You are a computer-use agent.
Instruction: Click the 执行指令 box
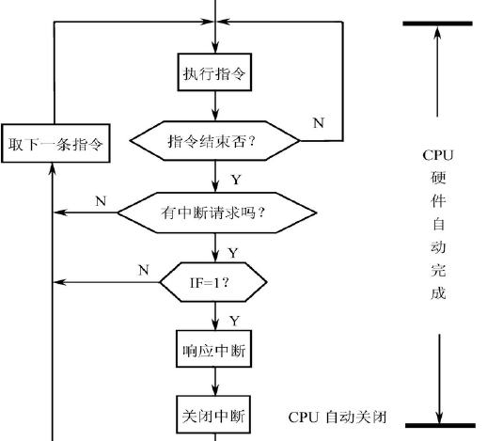216,74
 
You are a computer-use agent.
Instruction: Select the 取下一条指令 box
54,145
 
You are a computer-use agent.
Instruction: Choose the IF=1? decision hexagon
216,280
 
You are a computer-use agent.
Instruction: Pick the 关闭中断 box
216,415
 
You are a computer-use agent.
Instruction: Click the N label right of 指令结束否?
319,122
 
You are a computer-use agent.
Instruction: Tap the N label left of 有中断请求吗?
102,200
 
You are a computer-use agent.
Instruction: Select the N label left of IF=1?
144,270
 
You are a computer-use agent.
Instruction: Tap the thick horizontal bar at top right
437,22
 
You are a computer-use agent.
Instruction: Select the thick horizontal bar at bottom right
437,425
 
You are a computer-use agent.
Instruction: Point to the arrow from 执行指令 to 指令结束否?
216,108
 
